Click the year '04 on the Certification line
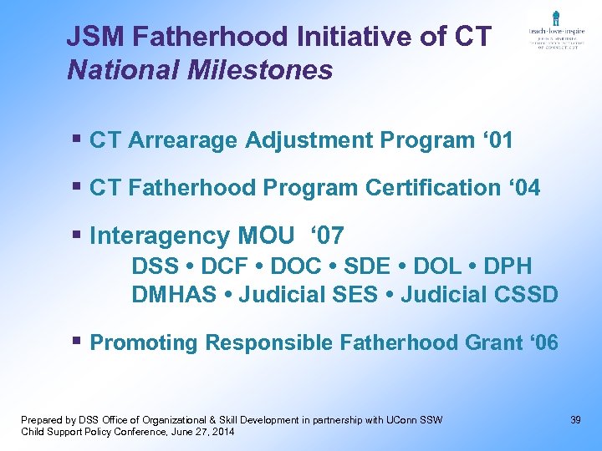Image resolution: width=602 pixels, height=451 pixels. (523, 188)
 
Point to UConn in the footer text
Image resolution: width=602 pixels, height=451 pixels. (406, 419)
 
